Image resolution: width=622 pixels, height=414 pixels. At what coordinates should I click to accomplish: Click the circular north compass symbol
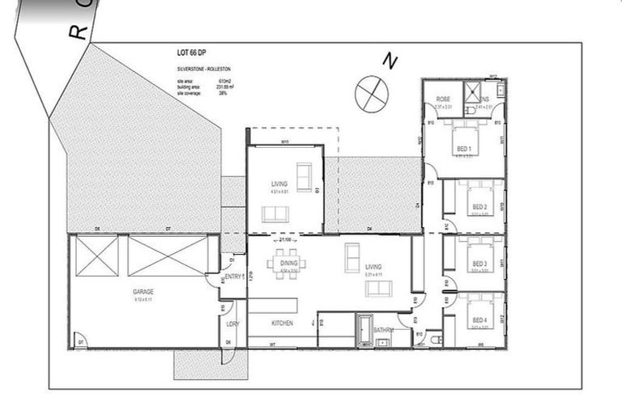coord(371,92)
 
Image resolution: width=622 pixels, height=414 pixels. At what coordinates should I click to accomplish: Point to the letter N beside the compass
coord(391,61)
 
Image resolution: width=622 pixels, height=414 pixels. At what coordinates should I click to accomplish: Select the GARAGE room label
coord(143,291)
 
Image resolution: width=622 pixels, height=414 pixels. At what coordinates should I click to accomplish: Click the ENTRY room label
coord(235,277)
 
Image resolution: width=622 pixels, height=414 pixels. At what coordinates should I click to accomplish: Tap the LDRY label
coord(232,323)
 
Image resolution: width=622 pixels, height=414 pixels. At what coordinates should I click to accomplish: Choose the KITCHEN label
coord(282,323)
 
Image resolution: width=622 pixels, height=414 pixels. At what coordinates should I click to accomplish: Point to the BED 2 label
coord(479,207)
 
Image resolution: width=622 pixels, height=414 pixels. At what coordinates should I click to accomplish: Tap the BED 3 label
coord(479,264)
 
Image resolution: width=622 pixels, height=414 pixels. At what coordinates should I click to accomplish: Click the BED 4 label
coord(479,321)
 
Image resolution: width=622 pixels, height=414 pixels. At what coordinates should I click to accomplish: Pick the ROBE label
coord(442,99)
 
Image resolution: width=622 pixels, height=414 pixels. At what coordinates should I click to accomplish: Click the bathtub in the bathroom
coord(364,331)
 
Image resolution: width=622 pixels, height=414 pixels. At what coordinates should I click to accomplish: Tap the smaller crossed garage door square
coord(96,255)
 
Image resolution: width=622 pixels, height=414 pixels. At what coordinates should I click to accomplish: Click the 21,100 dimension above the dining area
coord(285,240)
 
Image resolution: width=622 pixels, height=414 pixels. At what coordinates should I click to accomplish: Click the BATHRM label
coord(384,330)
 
